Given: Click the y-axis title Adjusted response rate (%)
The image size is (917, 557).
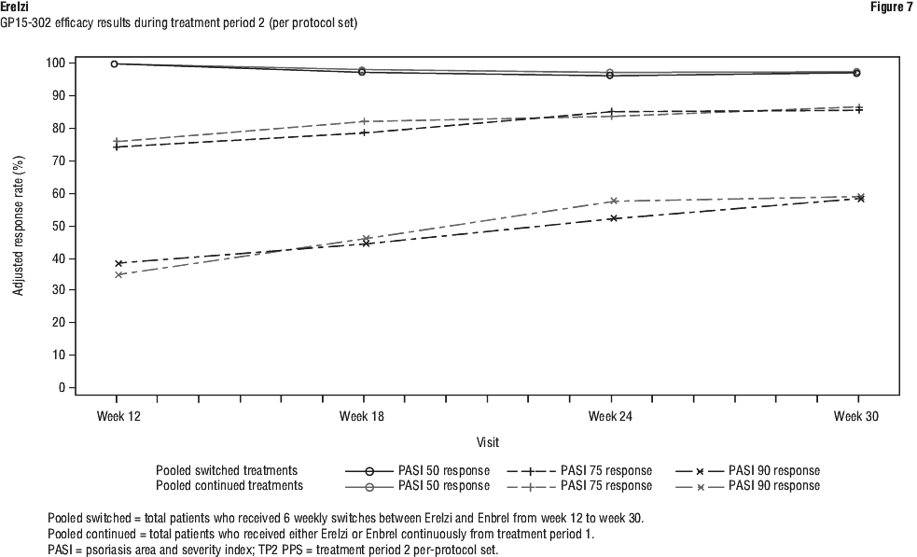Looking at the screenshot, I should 19,225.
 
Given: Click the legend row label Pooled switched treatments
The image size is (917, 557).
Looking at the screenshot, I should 227,471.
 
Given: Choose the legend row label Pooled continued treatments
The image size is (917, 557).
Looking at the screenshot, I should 229,486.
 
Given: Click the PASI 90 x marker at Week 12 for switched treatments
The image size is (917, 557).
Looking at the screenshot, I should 118,264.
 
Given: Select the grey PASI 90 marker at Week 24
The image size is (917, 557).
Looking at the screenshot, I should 613,201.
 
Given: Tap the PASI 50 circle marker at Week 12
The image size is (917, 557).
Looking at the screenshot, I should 115,63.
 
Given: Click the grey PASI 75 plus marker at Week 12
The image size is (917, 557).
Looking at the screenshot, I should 118,142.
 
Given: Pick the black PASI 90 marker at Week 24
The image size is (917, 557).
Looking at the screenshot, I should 613,218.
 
